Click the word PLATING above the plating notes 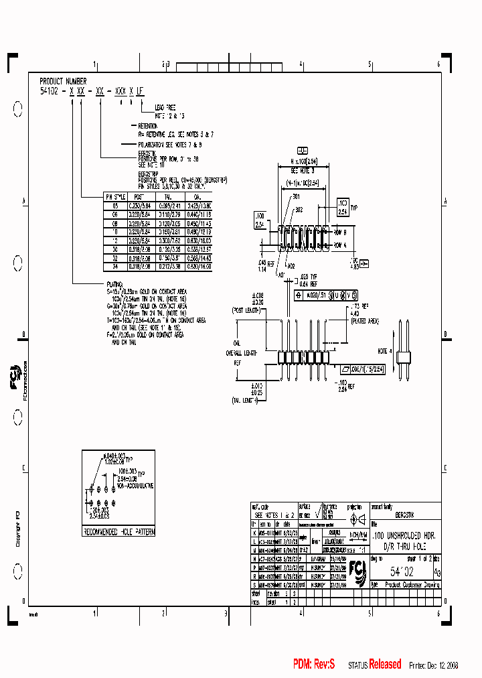click(114, 284)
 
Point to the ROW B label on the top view click(340, 231)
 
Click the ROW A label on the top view click(340, 245)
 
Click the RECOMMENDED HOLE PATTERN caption click(119, 531)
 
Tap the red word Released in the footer click(385, 664)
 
